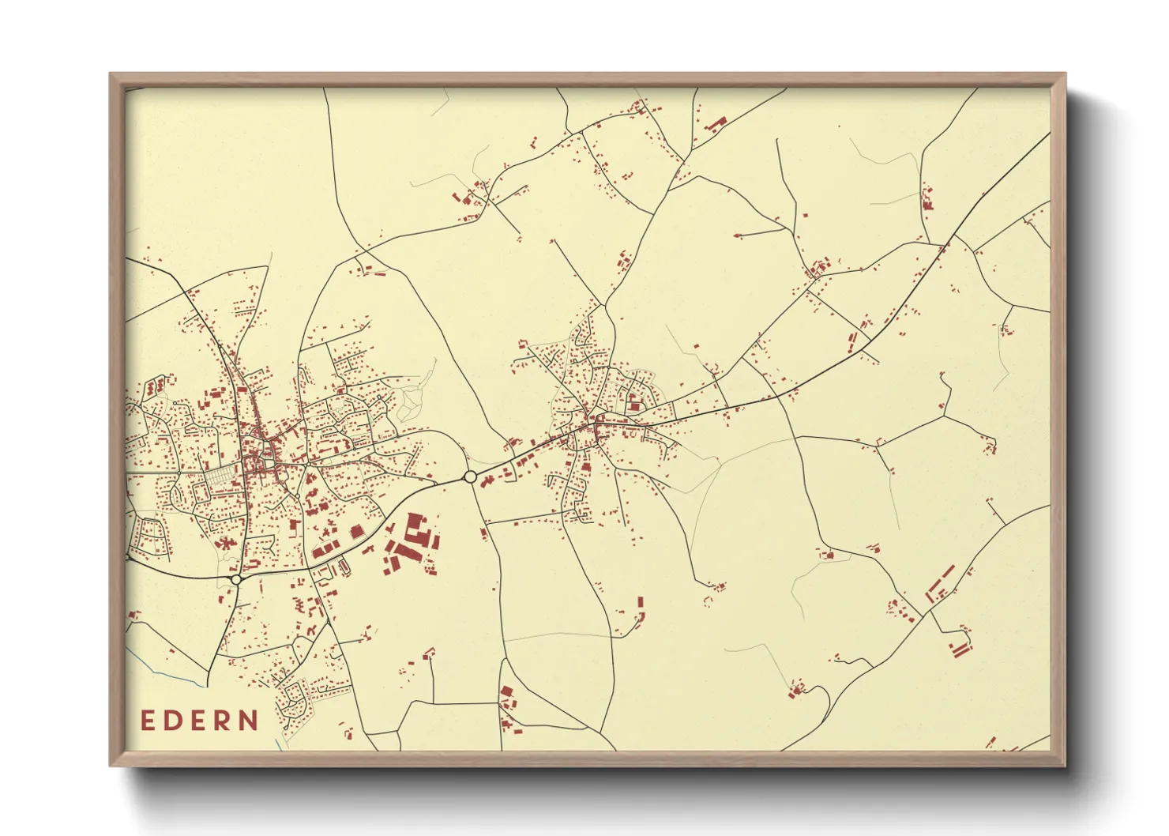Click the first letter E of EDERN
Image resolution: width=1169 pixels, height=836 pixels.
(148, 721)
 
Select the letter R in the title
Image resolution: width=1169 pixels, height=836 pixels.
(224, 721)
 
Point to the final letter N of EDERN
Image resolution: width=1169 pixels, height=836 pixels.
(250, 721)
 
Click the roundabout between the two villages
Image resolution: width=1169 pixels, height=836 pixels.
(470, 476)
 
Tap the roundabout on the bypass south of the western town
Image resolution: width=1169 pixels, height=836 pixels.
(236, 579)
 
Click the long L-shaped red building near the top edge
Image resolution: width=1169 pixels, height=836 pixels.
(717, 123)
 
